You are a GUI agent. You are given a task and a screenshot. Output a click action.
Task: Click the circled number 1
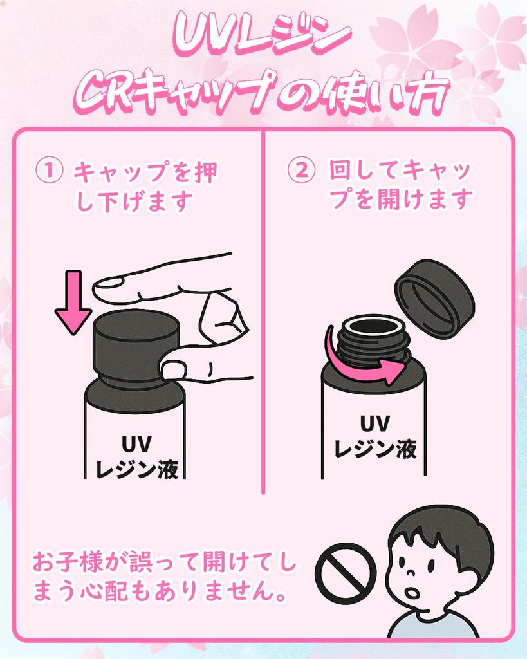tap(49, 171)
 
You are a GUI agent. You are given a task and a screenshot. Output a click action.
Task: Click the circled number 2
tap(301, 170)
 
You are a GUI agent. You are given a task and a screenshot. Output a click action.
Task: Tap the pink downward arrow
tap(73, 302)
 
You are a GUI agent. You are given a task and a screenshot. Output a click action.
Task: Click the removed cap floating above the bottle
tap(434, 299)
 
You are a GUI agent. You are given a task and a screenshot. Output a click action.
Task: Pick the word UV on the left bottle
tap(136, 444)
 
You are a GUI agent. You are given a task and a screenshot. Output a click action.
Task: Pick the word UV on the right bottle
tap(375, 423)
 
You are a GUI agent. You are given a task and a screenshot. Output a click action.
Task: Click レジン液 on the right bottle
tap(375, 449)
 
